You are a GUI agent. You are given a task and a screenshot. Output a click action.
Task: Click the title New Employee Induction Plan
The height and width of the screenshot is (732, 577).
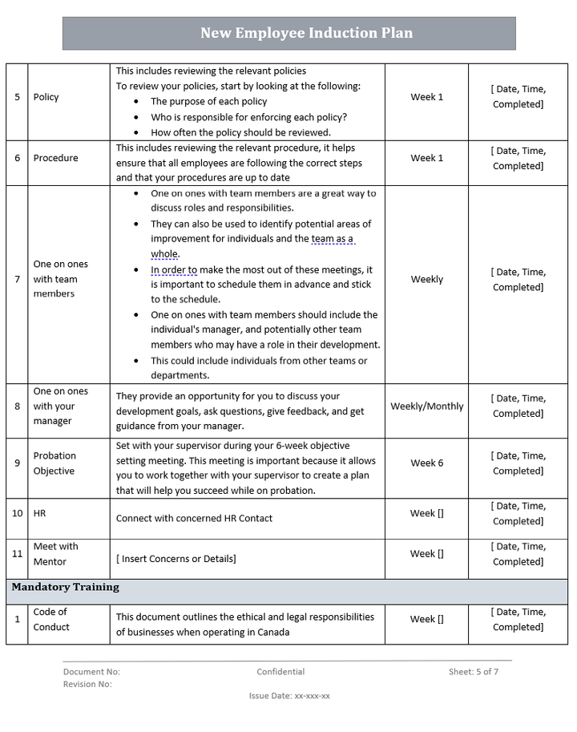pos(306,34)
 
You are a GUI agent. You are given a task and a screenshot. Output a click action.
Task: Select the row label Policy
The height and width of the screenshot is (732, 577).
pos(46,97)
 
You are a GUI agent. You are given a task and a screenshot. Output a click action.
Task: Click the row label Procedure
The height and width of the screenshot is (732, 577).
pos(56,158)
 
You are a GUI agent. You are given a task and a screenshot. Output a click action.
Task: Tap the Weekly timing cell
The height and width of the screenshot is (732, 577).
pos(426,279)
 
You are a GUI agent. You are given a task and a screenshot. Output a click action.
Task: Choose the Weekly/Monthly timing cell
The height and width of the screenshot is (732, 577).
pos(426,406)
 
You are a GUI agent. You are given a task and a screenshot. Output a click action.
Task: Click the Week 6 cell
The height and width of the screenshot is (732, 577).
pos(426,463)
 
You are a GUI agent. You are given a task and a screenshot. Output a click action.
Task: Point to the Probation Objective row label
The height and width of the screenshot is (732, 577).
pos(54,463)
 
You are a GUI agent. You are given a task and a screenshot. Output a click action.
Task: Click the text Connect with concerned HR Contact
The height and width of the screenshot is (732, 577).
pos(194,518)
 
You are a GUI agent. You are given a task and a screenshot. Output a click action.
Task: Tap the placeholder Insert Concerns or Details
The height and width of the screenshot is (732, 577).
pos(176,558)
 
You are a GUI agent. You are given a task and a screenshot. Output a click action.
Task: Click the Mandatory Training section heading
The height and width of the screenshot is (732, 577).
pos(66,587)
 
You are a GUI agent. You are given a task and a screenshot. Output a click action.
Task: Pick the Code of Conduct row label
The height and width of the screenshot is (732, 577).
pos(51,619)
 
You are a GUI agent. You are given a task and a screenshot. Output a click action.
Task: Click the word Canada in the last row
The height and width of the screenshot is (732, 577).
pos(272,632)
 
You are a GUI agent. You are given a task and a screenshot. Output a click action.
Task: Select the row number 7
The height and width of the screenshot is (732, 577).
pos(18,279)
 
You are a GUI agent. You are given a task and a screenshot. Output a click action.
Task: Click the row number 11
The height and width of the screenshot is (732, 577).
pos(18,553)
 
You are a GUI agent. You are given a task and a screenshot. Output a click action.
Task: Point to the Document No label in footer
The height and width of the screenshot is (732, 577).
pos(91,672)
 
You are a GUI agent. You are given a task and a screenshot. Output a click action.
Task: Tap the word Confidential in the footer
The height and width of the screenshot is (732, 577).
pos(280,672)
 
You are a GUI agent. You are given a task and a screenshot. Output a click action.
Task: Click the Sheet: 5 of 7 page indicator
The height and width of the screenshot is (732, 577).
pos(473,672)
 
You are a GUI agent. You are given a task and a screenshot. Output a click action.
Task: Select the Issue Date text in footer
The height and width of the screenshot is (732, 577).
pos(289,696)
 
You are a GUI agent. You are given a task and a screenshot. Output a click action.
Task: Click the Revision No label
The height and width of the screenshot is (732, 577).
pos(87,684)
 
